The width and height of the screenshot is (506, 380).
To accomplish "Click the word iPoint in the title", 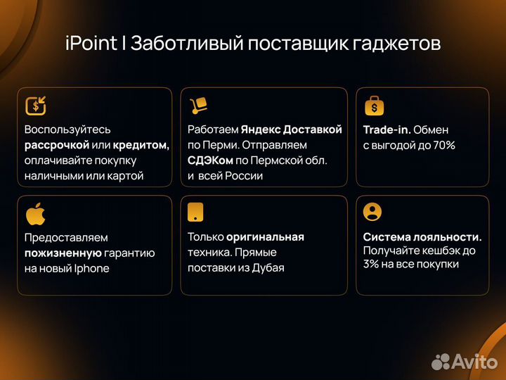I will (x=91, y=44).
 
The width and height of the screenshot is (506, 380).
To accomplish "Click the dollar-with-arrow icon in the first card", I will (x=35, y=106).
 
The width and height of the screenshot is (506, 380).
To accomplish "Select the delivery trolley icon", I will (x=199, y=106).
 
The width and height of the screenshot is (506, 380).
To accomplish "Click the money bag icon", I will (x=375, y=106).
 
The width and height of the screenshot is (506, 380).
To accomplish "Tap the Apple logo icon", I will (x=35, y=213).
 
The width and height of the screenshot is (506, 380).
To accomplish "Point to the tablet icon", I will (x=197, y=213).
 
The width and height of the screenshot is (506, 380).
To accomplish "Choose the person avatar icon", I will (x=374, y=212).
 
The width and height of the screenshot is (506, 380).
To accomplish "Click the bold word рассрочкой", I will (x=57, y=145).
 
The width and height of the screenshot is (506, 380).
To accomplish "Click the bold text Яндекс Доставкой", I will (x=291, y=129).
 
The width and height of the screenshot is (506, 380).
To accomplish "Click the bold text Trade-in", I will (x=387, y=129).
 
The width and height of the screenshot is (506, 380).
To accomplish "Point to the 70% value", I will (x=443, y=145).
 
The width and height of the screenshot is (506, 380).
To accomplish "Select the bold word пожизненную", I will (x=63, y=253).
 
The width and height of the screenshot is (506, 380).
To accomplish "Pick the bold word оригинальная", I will (x=265, y=237).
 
